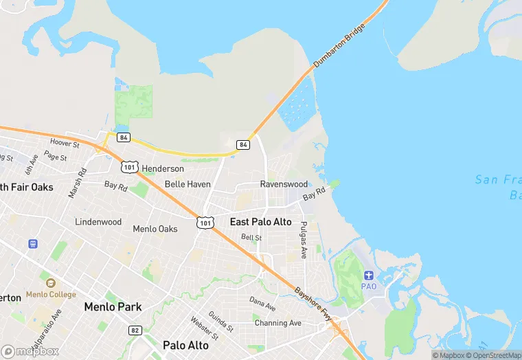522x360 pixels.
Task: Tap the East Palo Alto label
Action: click(260, 222)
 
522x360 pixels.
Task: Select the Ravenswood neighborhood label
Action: click(284, 184)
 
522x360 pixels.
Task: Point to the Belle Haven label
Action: click(188, 184)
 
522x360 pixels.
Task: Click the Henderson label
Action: click(163, 168)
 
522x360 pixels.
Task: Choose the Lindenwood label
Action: click(98, 222)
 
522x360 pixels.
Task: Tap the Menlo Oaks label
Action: click(155, 229)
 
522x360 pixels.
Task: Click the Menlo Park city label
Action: click(113, 306)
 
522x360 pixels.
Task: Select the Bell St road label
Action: click(251, 237)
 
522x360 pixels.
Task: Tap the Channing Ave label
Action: click(277, 323)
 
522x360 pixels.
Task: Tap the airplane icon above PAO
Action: click(369, 275)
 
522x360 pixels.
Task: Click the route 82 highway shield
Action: click(134, 330)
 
